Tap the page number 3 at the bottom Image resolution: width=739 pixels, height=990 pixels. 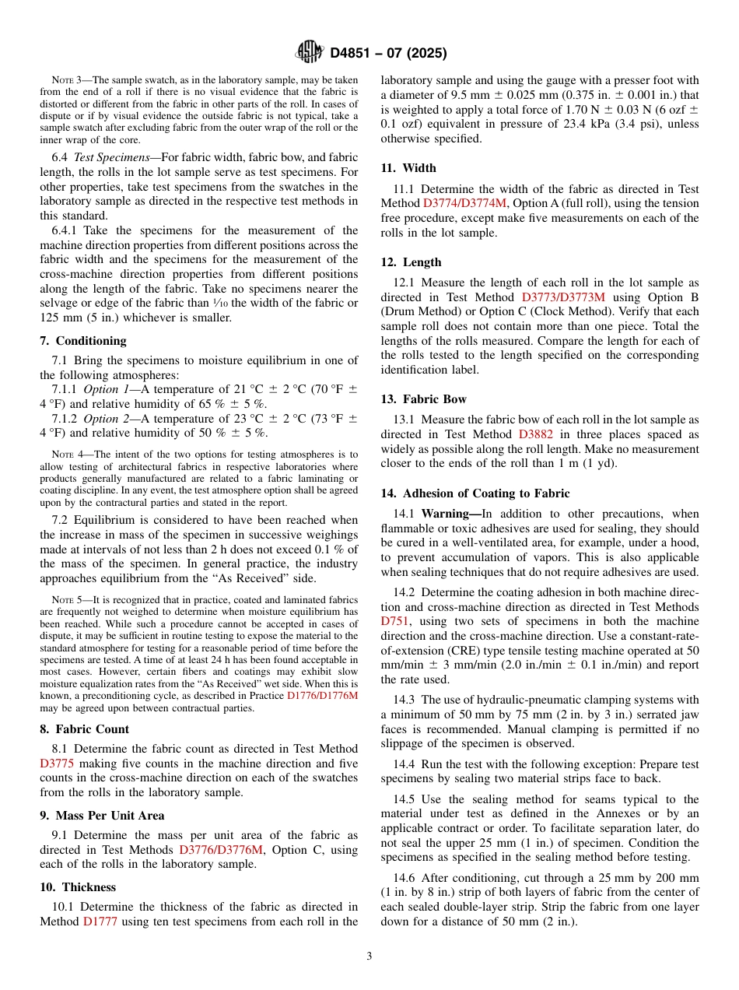pos(369,956)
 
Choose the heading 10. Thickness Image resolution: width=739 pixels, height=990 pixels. pos(78,887)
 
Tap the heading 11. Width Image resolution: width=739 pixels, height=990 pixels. pos(408,168)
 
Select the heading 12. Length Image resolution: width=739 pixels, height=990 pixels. pos(411,262)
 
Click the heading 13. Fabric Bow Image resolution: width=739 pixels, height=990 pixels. pos(424,399)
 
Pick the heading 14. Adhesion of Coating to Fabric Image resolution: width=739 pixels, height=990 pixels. pos(475,493)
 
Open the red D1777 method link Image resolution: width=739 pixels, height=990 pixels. pos(100,922)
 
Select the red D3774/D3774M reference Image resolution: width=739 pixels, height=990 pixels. pos(464,203)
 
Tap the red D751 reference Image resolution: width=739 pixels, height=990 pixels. pos(394,621)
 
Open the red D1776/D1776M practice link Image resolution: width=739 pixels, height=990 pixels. pos(322,696)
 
